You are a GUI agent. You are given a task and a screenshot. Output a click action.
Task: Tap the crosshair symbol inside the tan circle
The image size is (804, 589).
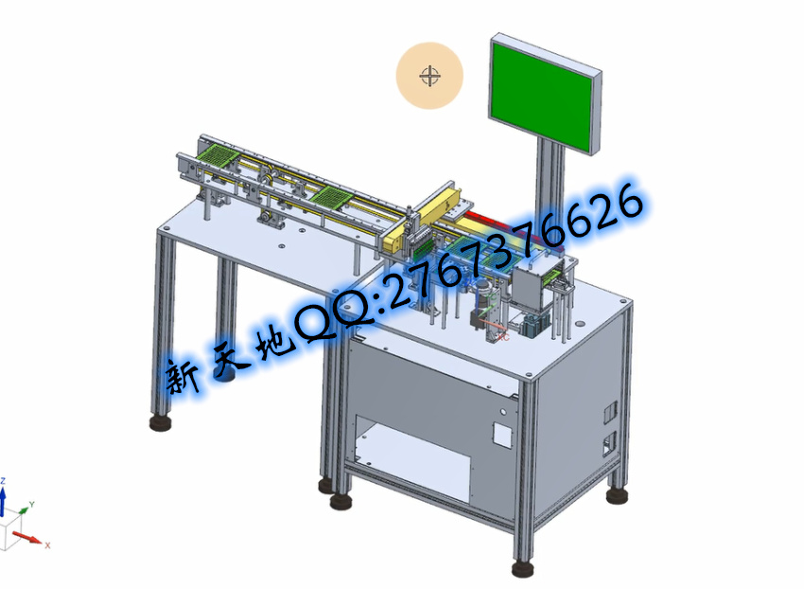[x=429, y=76]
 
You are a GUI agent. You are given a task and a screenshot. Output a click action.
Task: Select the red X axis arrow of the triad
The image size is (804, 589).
[x=26, y=538]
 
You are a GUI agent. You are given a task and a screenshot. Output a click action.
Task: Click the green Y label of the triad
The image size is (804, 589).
[x=32, y=505]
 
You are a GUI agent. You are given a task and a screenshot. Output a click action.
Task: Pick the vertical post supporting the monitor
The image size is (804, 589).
[x=550, y=174]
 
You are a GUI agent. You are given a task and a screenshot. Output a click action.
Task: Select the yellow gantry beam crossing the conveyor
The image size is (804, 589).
[x=425, y=217]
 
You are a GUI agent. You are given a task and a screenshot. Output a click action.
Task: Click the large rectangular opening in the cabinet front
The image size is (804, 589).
[x=412, y=458]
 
